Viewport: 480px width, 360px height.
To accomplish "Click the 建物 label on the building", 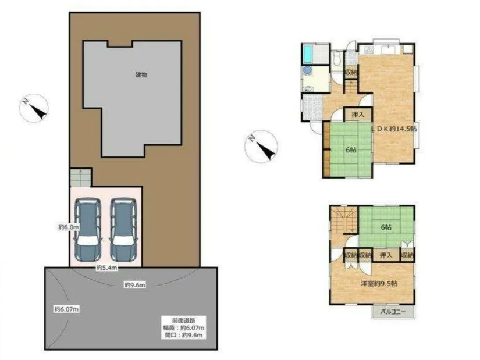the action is click(141, 74).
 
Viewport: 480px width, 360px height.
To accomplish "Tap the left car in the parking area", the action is click(88, 229).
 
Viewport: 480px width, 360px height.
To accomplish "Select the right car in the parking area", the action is click(123, 229).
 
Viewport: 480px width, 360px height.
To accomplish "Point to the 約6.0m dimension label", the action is click(69, 227).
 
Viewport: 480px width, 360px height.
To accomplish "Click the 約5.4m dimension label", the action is click(107, 268).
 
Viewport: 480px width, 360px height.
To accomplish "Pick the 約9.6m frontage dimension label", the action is click(135, 285).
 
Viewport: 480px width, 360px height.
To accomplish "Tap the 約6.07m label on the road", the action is click(66, 309).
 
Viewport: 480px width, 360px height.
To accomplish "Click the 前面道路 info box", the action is click(184, 327).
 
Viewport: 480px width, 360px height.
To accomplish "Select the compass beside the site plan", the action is click(34, 108).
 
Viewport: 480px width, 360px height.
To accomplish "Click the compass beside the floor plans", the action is click(261, 147).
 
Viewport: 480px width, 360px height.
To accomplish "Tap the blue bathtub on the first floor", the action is click(307, 54).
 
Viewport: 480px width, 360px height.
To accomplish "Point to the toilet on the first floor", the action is click(337, 58).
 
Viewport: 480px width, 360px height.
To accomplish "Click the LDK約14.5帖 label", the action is click(394, 129).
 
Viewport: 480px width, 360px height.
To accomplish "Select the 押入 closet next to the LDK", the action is click(358, 115).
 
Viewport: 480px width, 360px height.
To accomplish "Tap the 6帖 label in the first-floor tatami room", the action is click(351, 150).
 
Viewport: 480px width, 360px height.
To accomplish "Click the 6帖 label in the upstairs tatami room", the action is click(386, 227).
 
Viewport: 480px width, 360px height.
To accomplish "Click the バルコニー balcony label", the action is click(393, 312).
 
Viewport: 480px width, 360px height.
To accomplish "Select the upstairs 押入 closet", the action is click(386, 255).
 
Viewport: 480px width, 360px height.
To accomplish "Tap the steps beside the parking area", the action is click(80, 177).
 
